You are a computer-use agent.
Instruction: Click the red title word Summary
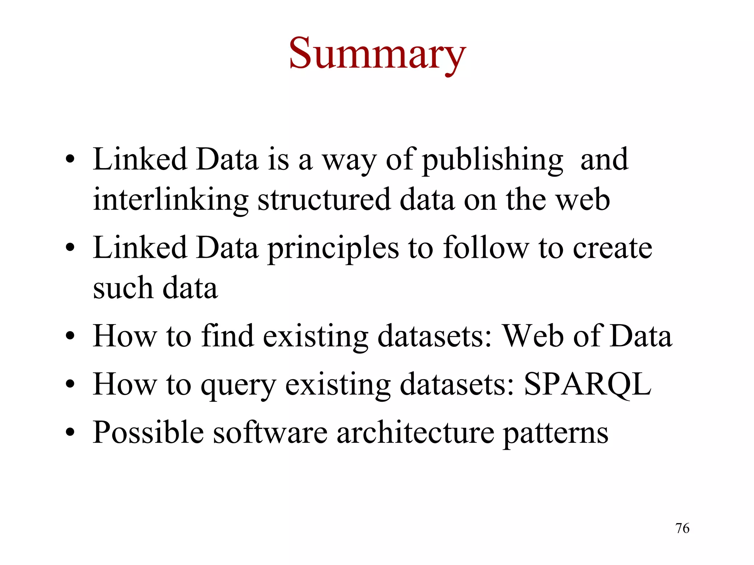pos(377,54)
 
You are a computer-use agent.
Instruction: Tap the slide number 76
pos(682,528)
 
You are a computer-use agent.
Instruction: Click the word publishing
pos(492,160)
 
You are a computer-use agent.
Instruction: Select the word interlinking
pos(170,200)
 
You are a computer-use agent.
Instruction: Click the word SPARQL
pos(588,384)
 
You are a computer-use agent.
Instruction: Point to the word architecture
pos(415,433)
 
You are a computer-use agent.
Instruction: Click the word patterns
pos(556,433)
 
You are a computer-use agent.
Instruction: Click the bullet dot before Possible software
pos(70,433)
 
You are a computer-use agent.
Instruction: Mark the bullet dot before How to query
pos(70,385)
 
